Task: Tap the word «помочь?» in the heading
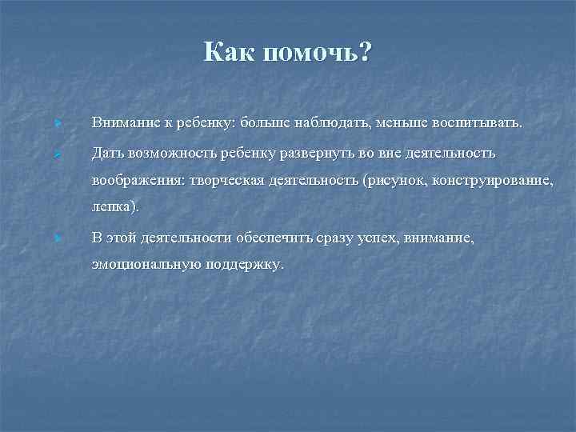click(316, 53)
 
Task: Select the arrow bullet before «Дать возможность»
click(58, 152)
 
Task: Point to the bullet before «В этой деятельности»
click(58, 238)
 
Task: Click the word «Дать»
click(106, 151)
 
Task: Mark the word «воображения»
click(136, 179)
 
